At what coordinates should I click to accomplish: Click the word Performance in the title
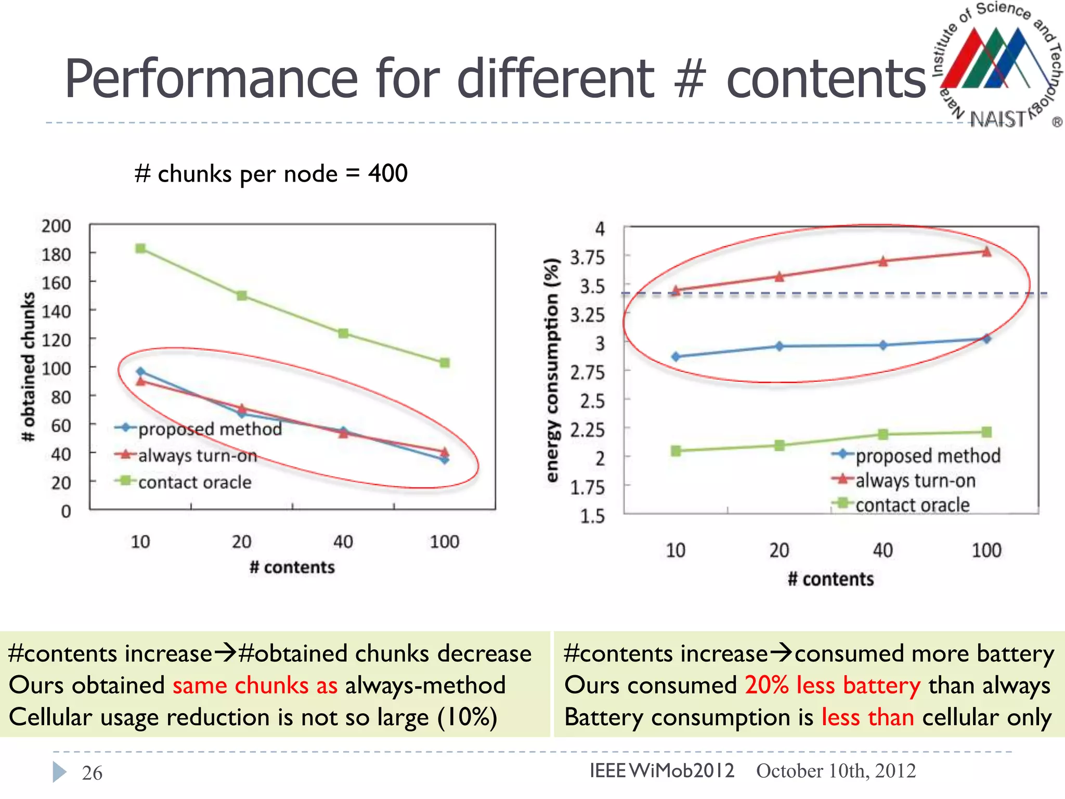(211, 79)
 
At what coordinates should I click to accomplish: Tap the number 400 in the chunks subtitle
(388, 173)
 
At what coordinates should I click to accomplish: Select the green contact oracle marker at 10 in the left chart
(140, 249)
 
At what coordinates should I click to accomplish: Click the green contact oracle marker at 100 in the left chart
(445, 363)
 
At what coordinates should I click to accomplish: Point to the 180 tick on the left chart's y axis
(56, 254)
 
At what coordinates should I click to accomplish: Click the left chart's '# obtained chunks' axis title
(29, 367)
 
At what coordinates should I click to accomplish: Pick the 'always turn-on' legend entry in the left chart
(197, 456)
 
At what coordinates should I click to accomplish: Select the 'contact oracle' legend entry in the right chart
(912, 505)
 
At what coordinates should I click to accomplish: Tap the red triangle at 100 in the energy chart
(986, 252)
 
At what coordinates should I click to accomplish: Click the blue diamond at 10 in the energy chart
(676, 357)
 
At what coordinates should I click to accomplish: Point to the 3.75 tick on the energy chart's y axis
(587, 257)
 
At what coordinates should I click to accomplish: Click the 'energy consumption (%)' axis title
(552, 370)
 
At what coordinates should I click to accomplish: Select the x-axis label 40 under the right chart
(882, 550)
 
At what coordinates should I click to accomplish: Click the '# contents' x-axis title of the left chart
(292, 567)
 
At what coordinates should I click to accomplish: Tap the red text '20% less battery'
(833, 685)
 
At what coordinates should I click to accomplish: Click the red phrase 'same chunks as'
(255, 685)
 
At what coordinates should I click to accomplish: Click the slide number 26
(92, 773)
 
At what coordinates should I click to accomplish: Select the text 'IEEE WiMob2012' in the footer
(661, 770)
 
